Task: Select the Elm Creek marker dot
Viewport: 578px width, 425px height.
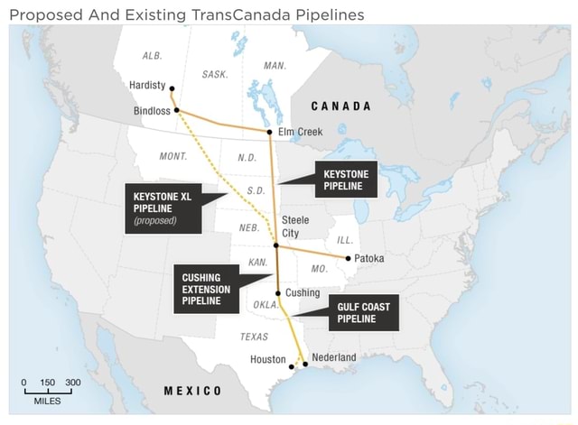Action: point(270,132)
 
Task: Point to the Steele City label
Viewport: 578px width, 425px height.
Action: point(296,226)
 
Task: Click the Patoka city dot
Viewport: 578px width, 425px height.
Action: point(348,258)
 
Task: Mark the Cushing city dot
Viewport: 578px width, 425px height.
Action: point(278,293)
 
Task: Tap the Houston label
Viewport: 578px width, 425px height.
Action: point(267,359)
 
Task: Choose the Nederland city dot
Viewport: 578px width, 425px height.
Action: point(305,364)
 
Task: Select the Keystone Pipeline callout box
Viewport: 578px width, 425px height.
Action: point(343,180)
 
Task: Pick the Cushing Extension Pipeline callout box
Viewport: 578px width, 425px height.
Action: point(206,289)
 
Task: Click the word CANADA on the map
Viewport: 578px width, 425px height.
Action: point(335,106)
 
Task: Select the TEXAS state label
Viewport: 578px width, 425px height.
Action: point(254,337)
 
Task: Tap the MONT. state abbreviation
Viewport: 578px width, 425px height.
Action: point(172,156)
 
